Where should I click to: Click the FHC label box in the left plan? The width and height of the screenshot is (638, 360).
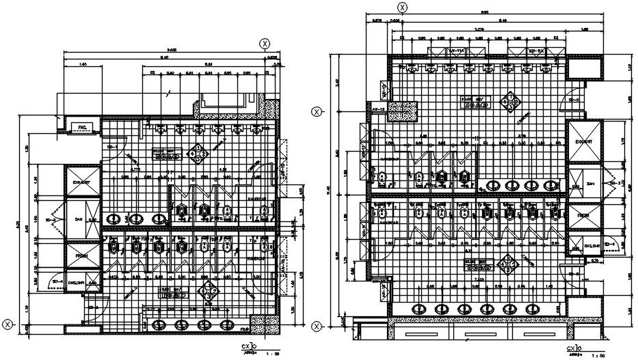(81, 127)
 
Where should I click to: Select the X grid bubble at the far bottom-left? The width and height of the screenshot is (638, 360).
(8, 324)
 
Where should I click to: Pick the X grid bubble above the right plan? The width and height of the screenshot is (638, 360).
(403, 8)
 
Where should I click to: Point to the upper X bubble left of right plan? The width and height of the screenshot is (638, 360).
(317, 111)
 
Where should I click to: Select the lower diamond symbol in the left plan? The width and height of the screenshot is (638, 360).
(211, 290)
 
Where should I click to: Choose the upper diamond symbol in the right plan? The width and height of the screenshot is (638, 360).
(509, 103)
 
